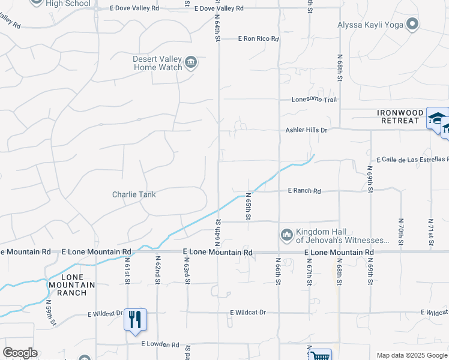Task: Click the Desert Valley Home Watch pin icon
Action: pos(191,62)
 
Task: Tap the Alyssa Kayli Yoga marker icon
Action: pos(412,25)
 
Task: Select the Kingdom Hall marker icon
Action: pos(286,233)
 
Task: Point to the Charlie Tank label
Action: pos(134,194)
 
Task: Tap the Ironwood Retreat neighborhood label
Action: pos(397,116)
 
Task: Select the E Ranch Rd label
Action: pos(304,191)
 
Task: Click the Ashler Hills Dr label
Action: pos(306,130)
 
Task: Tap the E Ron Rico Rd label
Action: pos(259,38)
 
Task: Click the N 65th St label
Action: pos(247,205)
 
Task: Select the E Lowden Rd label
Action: pos(160,344)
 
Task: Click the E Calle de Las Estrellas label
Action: pos(412,160)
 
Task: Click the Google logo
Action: pos(20,353)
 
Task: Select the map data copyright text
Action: pos(412,355)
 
